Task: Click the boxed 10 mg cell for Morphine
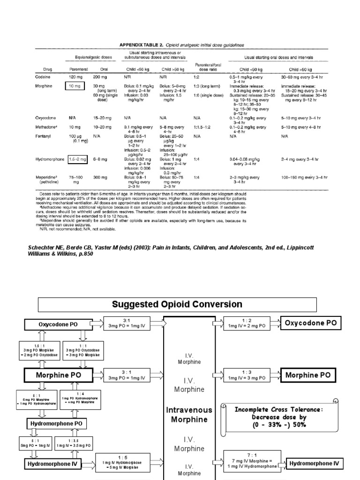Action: pos(75,86)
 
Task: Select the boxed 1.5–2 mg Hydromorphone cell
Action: pos(78,160)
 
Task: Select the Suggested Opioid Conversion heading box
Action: pos(177,304)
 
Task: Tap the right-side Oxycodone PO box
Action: pos(310,322)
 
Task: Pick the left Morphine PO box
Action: pos(59,375)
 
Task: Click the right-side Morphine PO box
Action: pos(308,375)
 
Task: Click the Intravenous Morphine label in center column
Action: pos(189,415)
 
